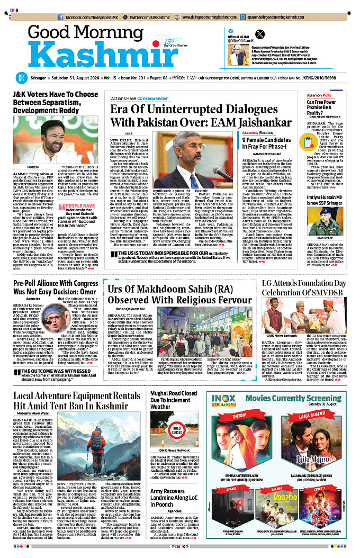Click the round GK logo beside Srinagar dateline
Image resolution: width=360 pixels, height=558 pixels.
21,77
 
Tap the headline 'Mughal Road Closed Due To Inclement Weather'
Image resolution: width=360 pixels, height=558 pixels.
174,400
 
